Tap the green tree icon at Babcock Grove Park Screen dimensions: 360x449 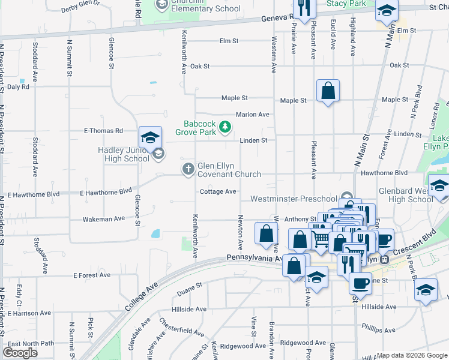(225, 127)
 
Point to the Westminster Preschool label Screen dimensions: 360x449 (294, 199)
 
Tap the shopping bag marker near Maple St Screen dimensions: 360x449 (328, 92)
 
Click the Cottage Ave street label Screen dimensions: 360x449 (218, 191)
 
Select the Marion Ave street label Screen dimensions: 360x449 (252, 115)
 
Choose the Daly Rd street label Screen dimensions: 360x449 (18, 87)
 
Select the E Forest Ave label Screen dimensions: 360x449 (92, 275)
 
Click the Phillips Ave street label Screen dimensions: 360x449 (379, 328)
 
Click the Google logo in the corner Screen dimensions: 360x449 (20, 353)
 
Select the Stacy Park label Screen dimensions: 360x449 (346, 4)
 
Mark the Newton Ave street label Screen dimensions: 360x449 (240, 233)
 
